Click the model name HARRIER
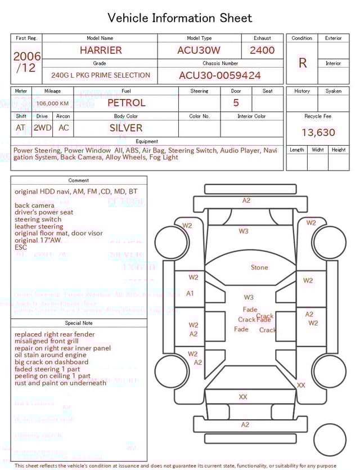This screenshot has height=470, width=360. [100, 50]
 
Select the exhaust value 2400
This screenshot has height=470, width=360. [262, 50]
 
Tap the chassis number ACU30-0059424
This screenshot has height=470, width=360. [220, 75]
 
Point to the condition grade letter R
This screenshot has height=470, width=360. [302, 63]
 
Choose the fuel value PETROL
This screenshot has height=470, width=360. [126, 103]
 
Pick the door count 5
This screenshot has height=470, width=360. [236, 103]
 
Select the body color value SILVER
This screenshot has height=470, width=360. [126, 128]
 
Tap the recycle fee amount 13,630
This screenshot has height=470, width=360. [318, 133]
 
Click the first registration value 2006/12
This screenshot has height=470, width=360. [26, 62]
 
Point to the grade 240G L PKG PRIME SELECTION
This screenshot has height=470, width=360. [101, 75]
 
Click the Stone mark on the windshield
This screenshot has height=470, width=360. [259, 267]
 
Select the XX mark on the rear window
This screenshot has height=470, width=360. [243, 397]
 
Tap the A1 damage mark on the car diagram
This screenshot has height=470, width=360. [190, 293]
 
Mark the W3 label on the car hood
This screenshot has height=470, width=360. [243, 231]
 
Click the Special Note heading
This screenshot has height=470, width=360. [79, 323]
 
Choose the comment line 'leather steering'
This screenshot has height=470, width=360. [39, 226]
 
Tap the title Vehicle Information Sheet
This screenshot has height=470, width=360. [180, 18]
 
